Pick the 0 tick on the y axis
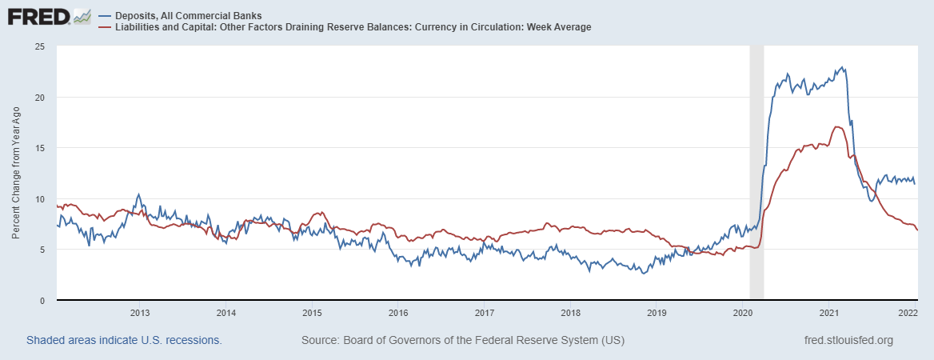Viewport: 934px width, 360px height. pos(41,301)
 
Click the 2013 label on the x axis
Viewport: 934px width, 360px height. pos(140,313)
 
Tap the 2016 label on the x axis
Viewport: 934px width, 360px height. pos(398,313)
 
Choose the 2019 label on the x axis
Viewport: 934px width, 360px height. pos(656,313)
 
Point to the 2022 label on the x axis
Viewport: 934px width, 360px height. pos(907,313)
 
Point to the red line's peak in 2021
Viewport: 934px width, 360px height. pos(836,126)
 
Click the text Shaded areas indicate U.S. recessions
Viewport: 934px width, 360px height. pos(124,340)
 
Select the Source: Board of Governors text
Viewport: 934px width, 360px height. pos(463,340)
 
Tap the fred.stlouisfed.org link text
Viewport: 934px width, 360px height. pos(848,340)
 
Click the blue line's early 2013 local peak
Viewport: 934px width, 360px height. pos(138,194)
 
